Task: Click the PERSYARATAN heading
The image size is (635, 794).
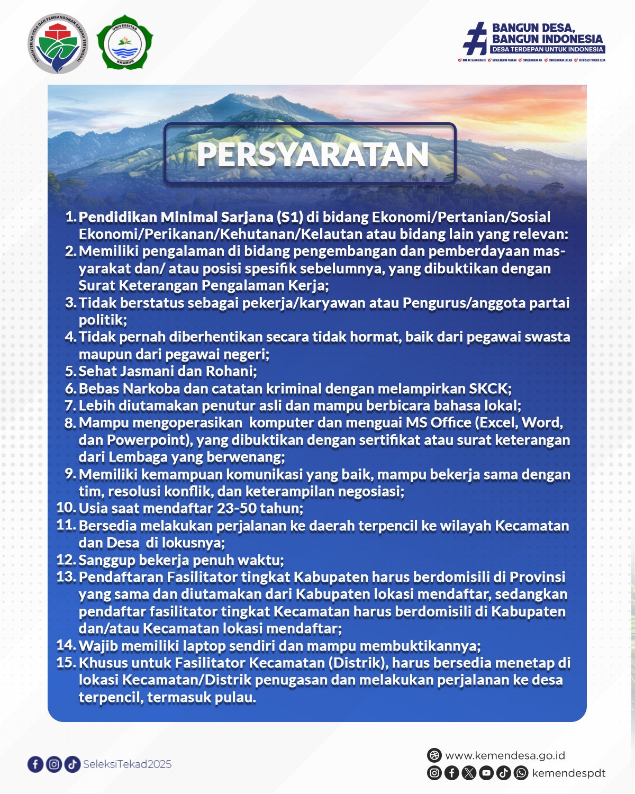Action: coord(312,155)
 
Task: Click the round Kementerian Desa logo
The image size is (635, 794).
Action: coord(58,44)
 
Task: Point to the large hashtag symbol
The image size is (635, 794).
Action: coord(475,39)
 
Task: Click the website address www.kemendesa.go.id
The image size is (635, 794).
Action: coord(505,755)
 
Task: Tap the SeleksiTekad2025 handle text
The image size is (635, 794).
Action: coord(127,764)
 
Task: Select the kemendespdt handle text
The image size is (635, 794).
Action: coord(568,773)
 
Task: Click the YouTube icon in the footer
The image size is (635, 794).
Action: coord(486,773)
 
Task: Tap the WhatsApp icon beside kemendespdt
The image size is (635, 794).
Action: coord(521,773)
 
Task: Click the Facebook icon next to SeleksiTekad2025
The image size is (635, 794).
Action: coord(35,764)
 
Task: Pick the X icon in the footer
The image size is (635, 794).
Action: coord(469,773)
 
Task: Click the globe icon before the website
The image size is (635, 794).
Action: coord(434,755)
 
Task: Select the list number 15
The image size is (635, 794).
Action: coord(67,662)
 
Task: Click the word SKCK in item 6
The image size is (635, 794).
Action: coord(488,389)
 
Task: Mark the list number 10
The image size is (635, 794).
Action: coord(67,508)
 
